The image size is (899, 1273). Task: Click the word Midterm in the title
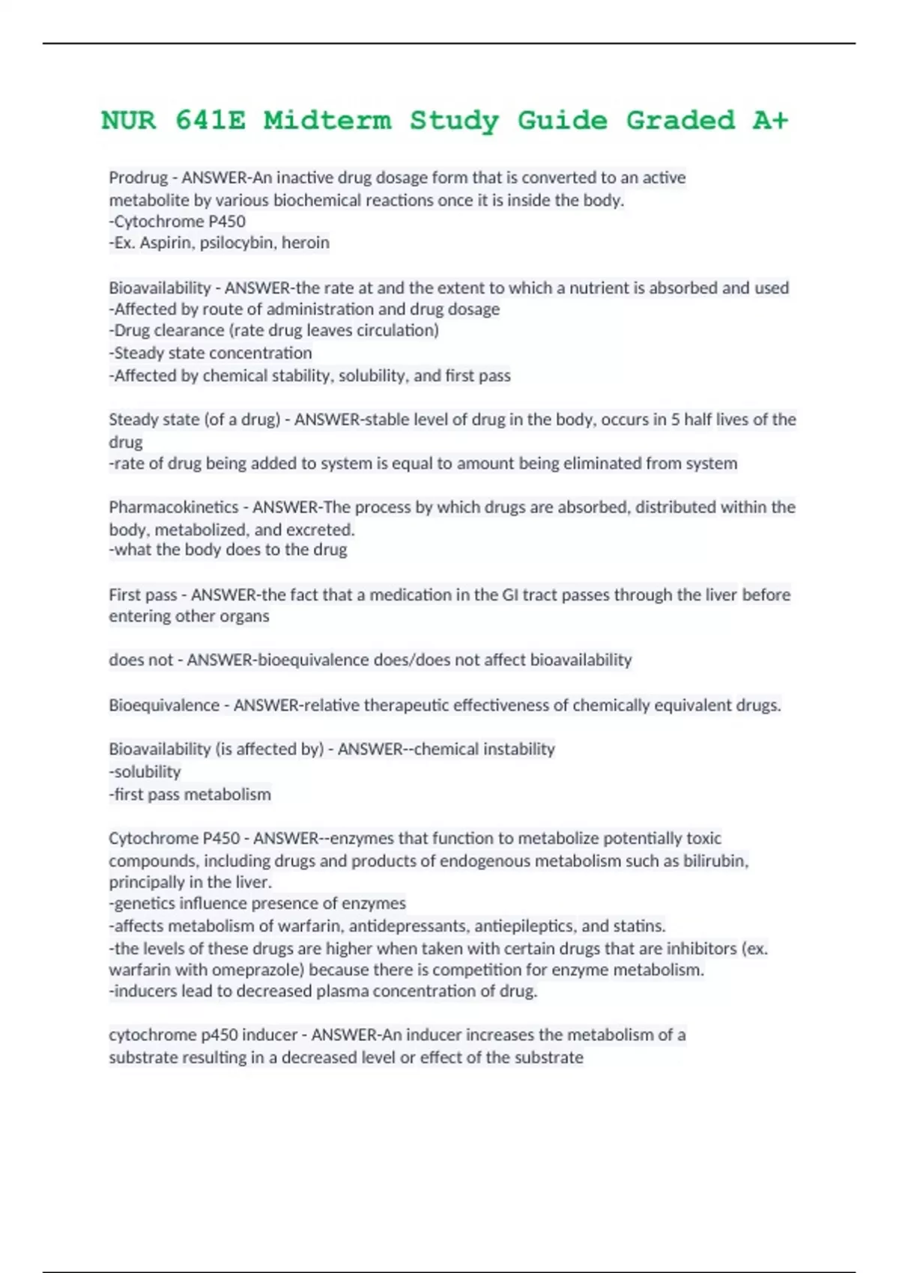pos(327,121)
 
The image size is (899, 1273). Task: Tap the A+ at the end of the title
pos(770,121)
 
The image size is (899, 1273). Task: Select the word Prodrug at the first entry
pos(139,178)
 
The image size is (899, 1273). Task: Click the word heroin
pos(305,243)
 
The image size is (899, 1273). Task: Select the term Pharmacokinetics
pos(173,508)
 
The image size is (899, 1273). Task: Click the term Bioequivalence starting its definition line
pos(164,705)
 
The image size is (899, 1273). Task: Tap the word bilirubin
pos(715,861)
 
